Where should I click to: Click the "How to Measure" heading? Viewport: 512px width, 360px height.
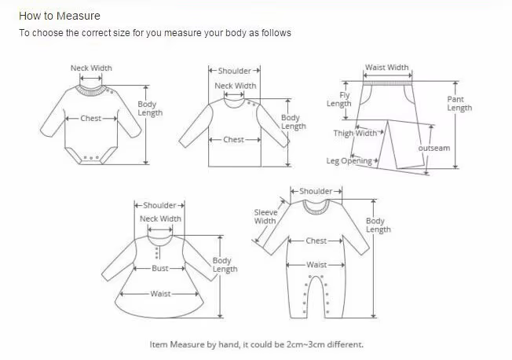click(60, 16)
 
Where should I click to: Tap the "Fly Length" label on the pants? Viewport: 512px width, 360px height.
click(339, 99)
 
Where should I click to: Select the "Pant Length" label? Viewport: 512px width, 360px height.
click(459, 104)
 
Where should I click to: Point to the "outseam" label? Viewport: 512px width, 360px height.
click(434, 148)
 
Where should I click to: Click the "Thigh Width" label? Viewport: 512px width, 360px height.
click(355, 133)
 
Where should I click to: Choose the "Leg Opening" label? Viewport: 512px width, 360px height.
click(349, 161)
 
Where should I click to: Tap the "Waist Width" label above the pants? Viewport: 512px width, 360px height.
click(386, 68)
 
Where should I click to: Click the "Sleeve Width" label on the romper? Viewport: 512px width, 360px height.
click(265, 216)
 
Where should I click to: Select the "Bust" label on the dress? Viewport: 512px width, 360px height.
click(160, 268)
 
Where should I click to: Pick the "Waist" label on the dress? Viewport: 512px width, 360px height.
click(160, 294)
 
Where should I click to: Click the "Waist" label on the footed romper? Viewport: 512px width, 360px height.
click(316, 265)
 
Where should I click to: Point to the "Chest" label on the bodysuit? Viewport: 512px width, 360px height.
click(91, 118)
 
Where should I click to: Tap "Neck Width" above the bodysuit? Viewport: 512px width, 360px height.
click(91, 68)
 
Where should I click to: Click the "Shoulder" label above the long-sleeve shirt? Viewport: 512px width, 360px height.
click(235, 71)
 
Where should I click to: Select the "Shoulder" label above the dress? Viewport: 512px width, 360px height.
click(159, 205)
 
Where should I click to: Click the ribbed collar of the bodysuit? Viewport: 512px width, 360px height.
click(90, 91)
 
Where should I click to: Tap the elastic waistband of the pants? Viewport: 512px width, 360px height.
click(388, 83)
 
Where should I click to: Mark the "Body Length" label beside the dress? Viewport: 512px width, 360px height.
click(225, 265)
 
